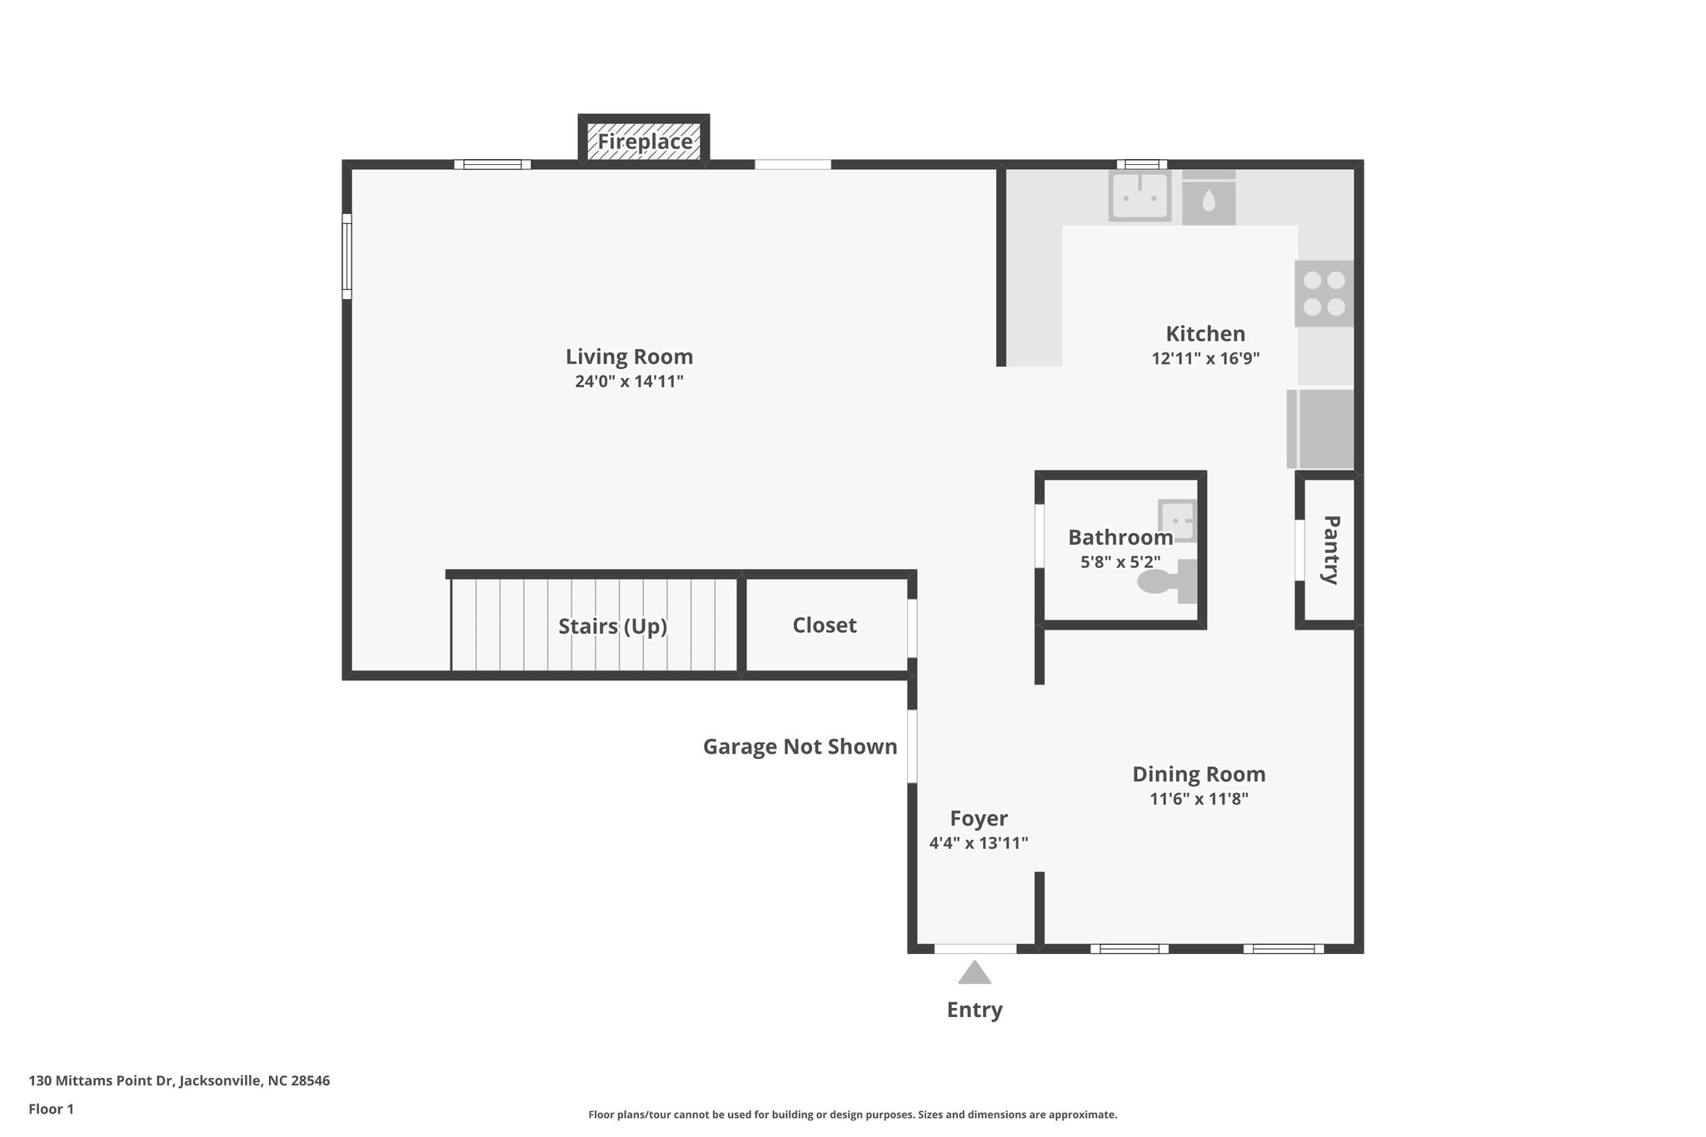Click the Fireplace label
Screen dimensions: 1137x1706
tap(645, 142)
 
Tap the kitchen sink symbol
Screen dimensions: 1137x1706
tap(1139, 197)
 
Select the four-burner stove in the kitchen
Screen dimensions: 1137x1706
tap(1324, 293)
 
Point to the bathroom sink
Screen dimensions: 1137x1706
tap(1176, 521)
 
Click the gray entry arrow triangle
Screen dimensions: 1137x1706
tap(974, 973)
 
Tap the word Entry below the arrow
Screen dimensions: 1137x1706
tap(974, 1010)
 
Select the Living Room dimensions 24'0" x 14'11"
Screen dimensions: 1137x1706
tap(629, 381)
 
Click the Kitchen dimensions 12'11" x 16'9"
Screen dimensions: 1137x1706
tap(1205, 359)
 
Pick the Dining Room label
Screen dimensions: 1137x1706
tap(1198, 774)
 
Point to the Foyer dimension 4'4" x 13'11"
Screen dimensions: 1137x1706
tap(978, 843)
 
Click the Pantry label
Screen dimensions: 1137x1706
tap(1330, 550)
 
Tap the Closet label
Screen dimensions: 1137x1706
tap(824, 626)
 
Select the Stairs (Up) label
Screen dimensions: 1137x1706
tap(612, 626)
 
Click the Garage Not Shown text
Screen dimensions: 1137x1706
tap(800, 746)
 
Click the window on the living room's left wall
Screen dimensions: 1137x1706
tap(347, 256)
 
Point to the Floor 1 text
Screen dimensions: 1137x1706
tap(51, 1109)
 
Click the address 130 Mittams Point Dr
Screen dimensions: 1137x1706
tap(179, 1081)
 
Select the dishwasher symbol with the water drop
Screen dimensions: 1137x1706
tap(1208, 199)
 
